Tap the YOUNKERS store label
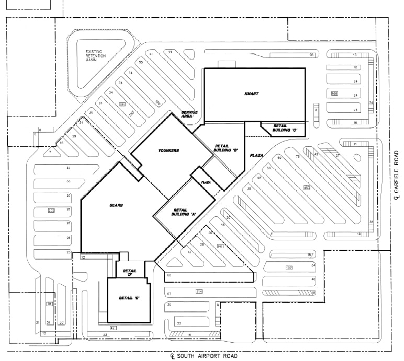pyautogui.click(x=169, y=150)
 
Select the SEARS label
pyautogui.click(x=116, y=205)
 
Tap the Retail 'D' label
pyautogui.click(x=129, y=273)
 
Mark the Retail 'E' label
pyautogui.click(x=128, y=298)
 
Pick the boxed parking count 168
pyautogui.click(x=334, y=94)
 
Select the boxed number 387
pyautogui.click(x=122, y=104)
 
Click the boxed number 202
pyautogui.click(x=51, y=211)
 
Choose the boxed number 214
pyautogui.click(x=199, y=291)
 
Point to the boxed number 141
pyautogui.click(x=220, y=246)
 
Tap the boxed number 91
pyautogui.click(x=49, y=304)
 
